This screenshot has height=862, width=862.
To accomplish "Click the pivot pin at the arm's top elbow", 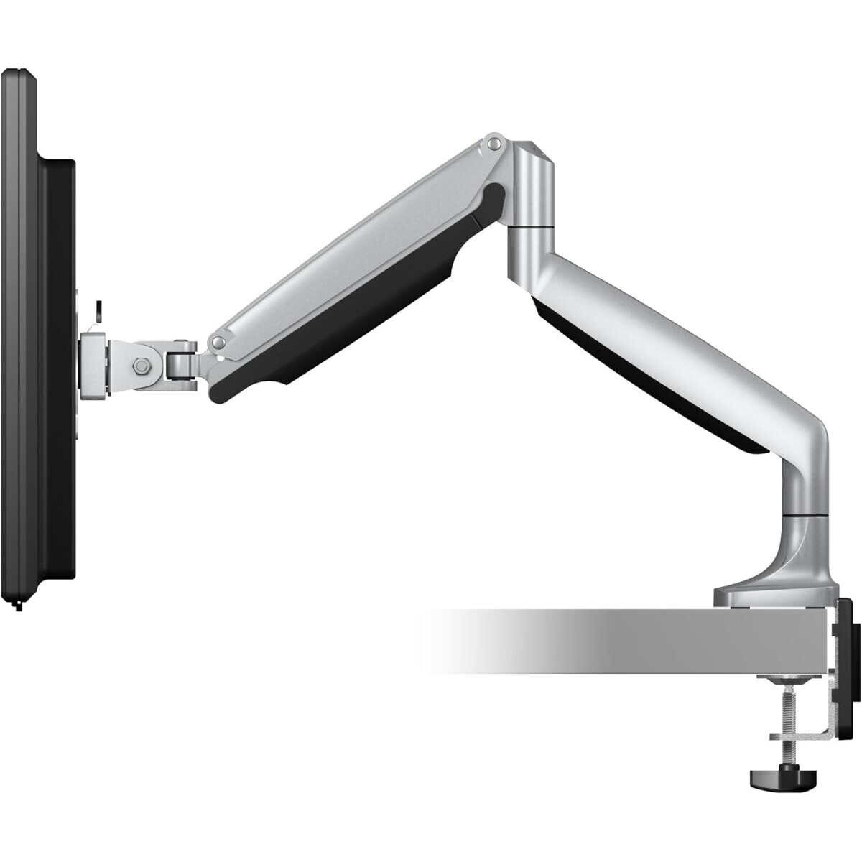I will tap(493, 144).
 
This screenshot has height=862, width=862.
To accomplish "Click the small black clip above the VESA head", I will tap(98, 310).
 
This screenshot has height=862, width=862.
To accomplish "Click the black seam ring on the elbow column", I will tap(530, 228).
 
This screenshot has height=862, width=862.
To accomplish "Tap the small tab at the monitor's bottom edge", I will tap(18, 607).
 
